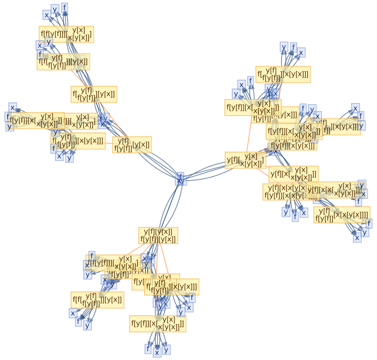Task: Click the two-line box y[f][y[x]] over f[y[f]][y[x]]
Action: point(158,236)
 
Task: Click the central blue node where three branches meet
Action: point(181,179)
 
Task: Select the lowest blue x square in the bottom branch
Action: point(157,352)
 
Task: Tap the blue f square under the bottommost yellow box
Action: point(148,349)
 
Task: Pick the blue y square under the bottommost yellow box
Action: point(166,350)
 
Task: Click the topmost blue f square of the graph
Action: point(65,7)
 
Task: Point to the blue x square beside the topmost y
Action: point(47,15)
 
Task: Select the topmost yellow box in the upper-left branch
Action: point(66,34)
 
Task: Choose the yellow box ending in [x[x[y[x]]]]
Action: point(342,215)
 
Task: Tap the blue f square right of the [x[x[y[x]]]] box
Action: point(369,223)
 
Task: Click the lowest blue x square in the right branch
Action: point(357,238)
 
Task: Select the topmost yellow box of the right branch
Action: point(283,74)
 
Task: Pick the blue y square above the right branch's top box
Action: point(284,47)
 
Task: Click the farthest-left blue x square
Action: point(13,108)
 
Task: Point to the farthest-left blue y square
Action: point(10,126)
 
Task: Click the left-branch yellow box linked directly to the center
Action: point(132,145)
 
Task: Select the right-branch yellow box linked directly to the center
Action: point(245,160)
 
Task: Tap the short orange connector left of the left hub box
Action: point(109,143)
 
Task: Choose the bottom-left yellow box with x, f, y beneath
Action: point(97,300)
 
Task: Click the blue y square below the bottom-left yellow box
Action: point(87,325)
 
